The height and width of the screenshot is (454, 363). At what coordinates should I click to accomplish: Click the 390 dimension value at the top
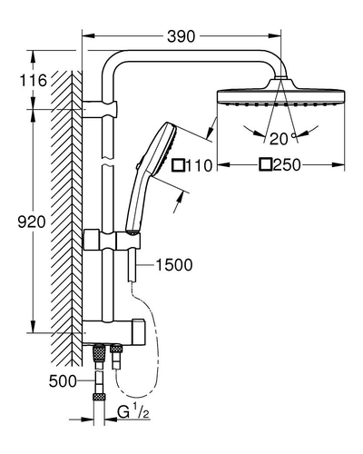point(181,36)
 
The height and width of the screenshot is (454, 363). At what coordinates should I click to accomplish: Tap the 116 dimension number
point(34,81)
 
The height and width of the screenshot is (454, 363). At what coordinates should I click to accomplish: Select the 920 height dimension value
point(32,222)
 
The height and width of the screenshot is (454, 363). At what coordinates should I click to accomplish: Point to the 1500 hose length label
point(174,265)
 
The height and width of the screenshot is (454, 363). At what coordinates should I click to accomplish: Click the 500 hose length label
point(63,381)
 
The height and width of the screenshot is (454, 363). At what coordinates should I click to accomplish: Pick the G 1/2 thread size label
point(133,412)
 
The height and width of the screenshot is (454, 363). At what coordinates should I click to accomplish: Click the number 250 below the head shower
point(287,165)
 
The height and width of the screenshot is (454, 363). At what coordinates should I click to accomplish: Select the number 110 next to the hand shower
point(199,165)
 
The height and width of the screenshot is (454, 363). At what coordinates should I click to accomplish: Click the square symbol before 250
point(266,164)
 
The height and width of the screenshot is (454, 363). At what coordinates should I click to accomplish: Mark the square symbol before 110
point(178,165)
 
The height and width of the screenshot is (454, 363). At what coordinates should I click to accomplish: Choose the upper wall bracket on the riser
point(99,109)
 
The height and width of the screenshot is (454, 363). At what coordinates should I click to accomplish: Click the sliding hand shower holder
point(112,240)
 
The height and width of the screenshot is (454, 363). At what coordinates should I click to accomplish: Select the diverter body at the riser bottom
point(113,331)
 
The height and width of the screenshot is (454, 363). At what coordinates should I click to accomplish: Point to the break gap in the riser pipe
point(108,162)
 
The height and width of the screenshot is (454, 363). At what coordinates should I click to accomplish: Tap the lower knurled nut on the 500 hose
point(98,396)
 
